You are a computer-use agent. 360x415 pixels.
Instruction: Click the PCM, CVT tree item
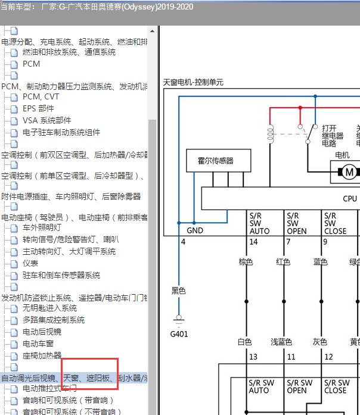coord(41,96)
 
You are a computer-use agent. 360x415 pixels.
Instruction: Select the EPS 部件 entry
coord(38,108)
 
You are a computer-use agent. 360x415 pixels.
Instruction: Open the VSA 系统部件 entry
coord(46,120)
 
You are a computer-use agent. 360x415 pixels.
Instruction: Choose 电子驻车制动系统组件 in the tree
coord(61,132)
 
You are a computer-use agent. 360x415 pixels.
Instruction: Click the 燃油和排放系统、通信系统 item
coord(69,52)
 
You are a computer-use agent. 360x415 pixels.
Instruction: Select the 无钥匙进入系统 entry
coord(49,308)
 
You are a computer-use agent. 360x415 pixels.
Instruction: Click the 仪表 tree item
coord(30,263)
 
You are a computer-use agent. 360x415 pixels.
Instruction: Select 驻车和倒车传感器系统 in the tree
coord(61,275)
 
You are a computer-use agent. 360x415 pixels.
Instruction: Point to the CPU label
coord(350,199)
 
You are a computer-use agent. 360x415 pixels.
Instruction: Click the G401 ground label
coord(179,334)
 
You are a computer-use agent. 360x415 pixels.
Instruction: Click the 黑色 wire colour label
coord(179,291)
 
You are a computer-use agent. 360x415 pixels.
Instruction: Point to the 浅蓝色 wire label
coord(281,342)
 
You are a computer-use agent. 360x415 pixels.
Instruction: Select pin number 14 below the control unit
coord(253,242)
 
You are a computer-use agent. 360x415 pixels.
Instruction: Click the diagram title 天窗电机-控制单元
coord(193,83)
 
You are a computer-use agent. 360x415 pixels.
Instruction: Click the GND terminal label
coord(195,230)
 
